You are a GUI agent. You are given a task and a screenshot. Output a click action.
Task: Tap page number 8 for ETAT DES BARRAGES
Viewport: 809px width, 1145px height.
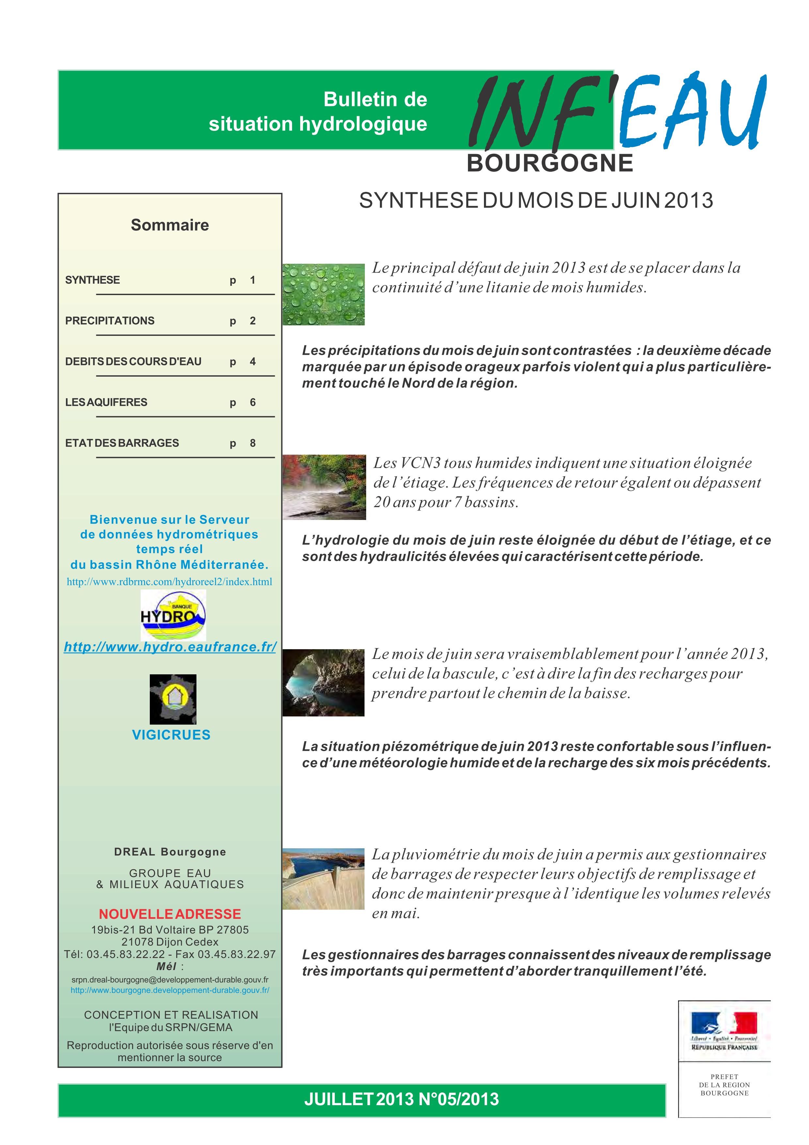(253, 443)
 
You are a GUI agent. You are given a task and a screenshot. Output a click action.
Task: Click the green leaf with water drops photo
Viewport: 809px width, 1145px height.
(323, 294)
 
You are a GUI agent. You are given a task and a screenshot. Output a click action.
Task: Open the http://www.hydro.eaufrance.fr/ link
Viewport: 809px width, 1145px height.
(170, 647)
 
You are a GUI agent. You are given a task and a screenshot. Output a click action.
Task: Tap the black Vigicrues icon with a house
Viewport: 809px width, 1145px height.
(173, 699)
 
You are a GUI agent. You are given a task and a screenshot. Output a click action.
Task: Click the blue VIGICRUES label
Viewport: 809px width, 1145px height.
(171, 735)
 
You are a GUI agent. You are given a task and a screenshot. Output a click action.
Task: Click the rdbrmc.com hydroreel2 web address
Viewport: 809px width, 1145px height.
(169, 582)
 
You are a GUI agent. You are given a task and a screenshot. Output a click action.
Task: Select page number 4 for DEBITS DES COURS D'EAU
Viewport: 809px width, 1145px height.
(253, 362)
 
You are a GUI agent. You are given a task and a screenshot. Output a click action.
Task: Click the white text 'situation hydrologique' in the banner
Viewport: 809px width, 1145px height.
(318, 124)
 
